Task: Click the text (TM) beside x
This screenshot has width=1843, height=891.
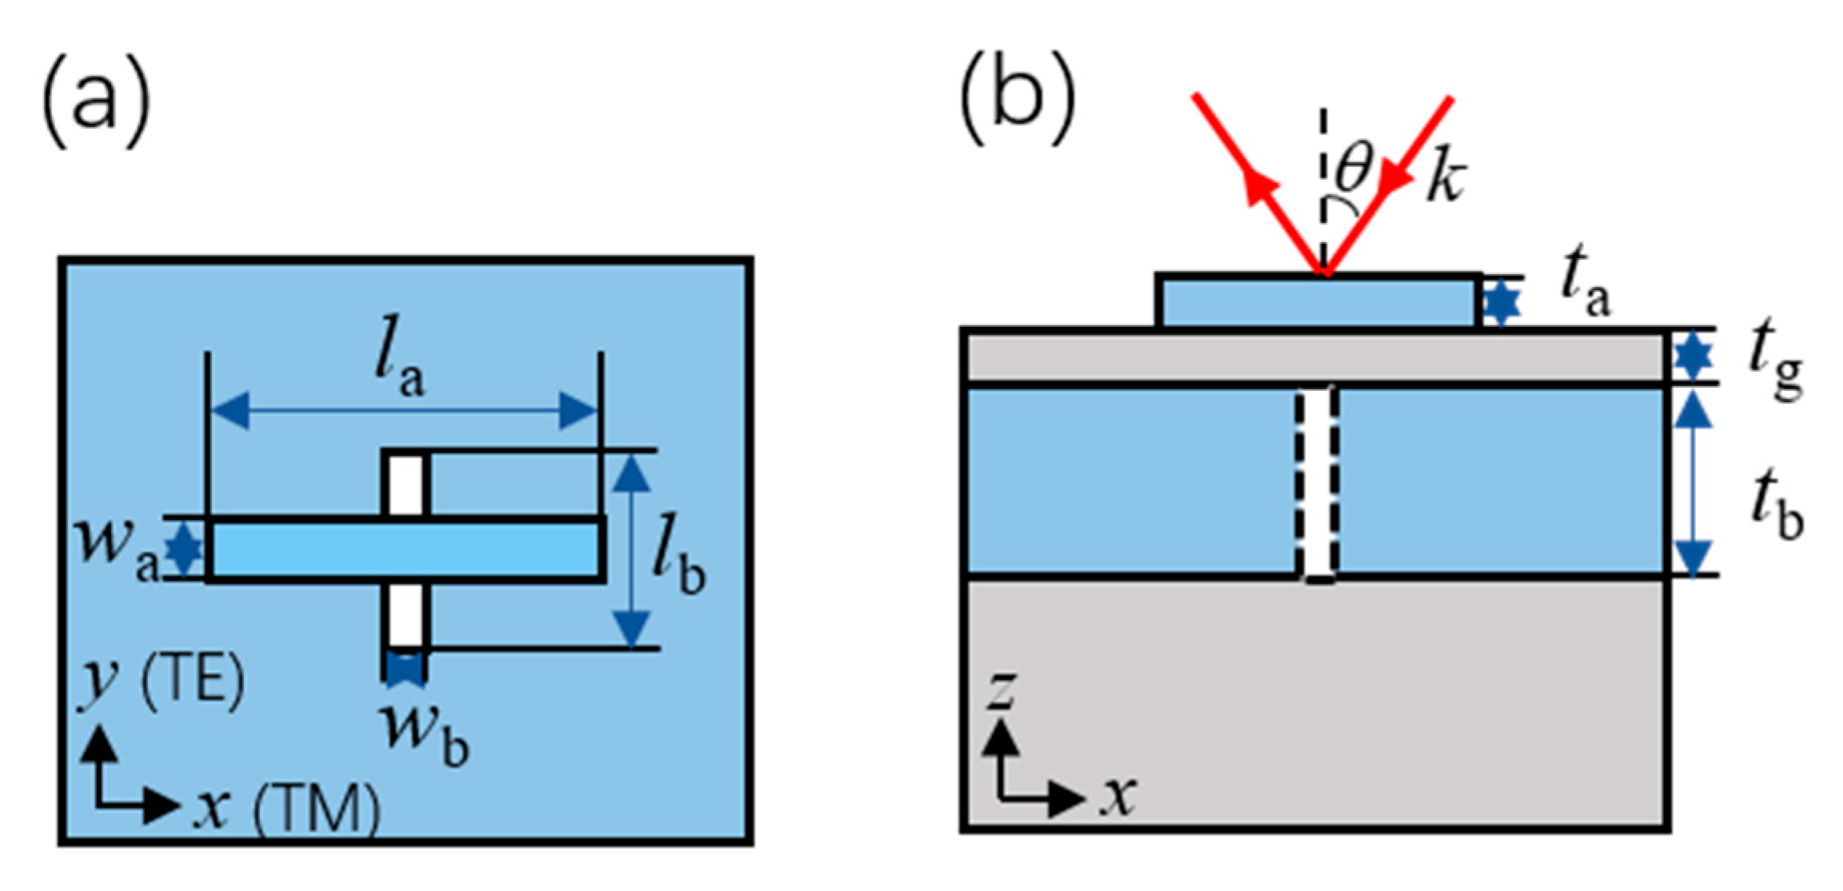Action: pyautogui.click(x=316, y=809)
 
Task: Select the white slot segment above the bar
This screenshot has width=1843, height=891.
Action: pyautogui.click(x=406, y=486)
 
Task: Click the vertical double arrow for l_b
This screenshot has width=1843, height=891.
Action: pyautogui.click(x=632, y=550)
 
